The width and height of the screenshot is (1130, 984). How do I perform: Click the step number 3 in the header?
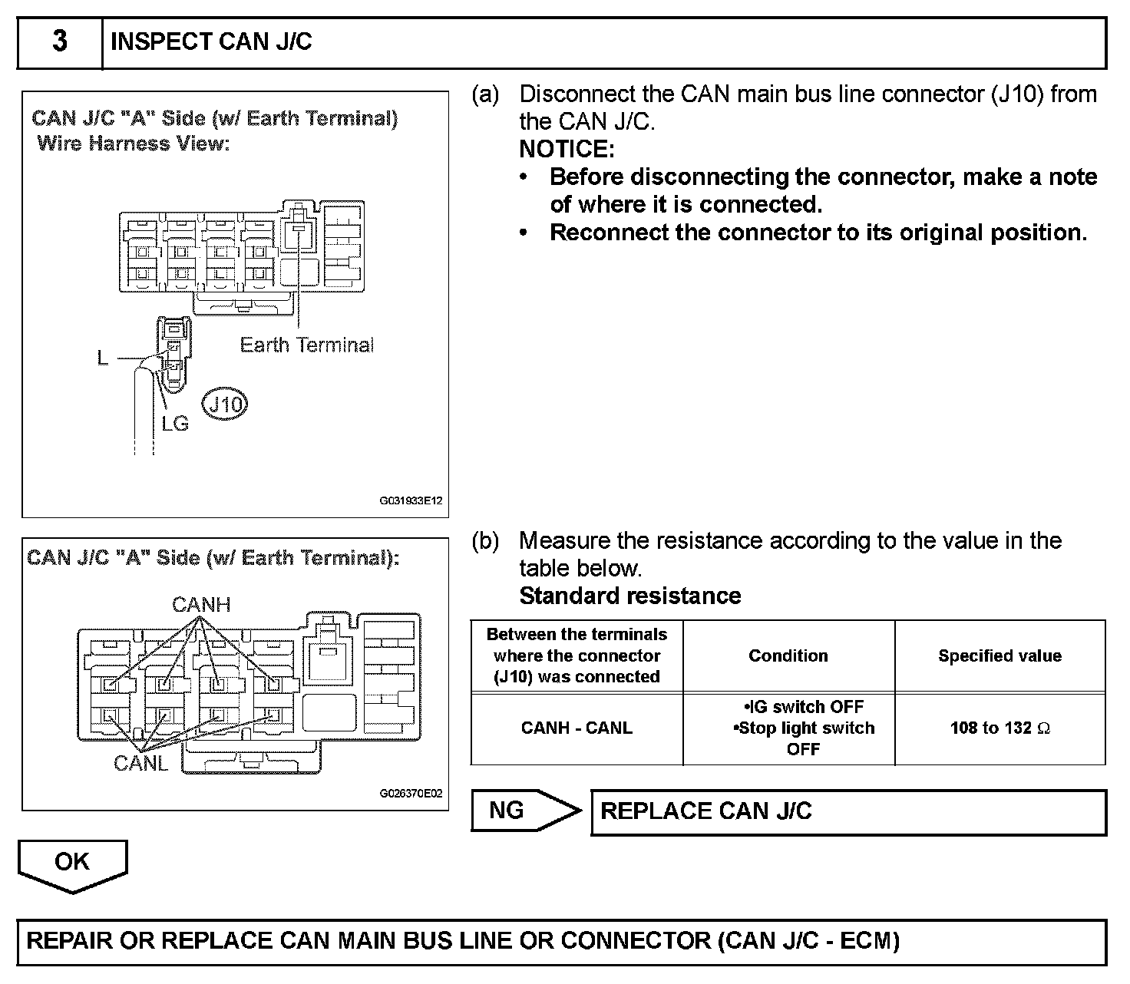(59, 41)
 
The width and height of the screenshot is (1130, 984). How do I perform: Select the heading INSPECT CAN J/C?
(211, 41)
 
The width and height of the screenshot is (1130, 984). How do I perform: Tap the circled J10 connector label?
(225, 404)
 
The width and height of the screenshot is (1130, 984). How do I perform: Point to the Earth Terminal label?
(306, 345)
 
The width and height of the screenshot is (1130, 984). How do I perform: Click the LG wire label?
(175, 423)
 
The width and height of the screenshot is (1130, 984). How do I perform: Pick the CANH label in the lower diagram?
(201, 605)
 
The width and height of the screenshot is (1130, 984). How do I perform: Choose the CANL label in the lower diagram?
(140, 763)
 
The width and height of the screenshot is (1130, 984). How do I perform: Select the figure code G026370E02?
(411, 794)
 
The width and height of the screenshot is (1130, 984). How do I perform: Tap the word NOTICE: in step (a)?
(567, 149)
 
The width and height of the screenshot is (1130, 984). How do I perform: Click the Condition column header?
(788, 655)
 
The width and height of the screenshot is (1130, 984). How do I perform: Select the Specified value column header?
(999, 655)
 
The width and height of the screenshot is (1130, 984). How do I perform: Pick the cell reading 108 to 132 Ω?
(999, 728)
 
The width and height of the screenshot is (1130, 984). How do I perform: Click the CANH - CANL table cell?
(577, 728)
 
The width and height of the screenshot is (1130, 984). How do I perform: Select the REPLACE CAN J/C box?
(848, 812)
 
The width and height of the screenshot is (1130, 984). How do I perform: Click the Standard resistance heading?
(630, 596)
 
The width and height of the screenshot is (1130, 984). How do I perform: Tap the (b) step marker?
(485, 541)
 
